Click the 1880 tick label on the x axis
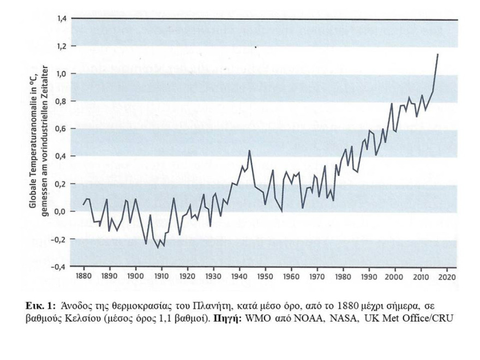pos(83,277)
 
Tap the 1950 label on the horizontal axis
pos(265,277)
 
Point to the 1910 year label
pos(161,277)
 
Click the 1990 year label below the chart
pos(369,277)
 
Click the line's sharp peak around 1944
pos(249,151)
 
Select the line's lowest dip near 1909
pos(159,248)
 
